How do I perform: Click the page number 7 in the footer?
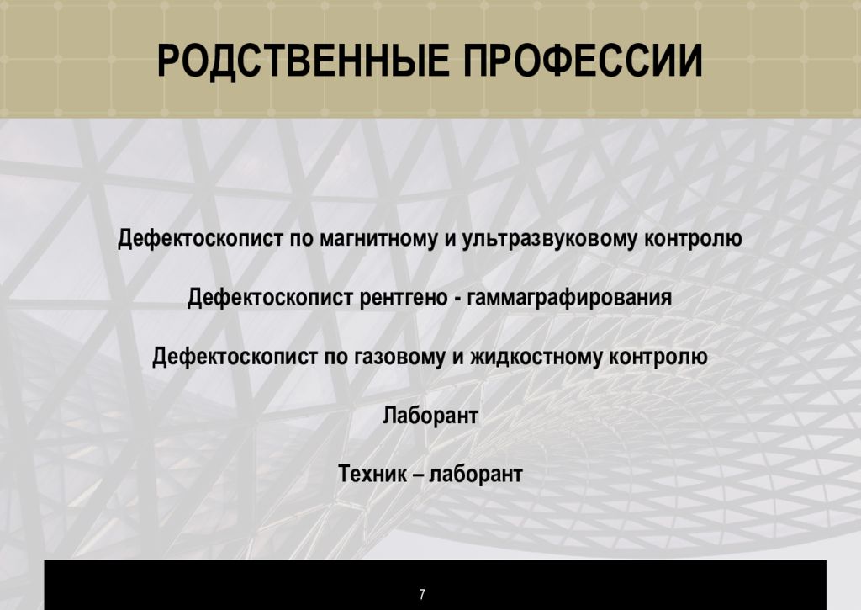tap(422, 594)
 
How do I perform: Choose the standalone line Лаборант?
tap(430, 415)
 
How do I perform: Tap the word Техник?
tap(371, 474)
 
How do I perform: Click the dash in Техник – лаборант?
tap(417, 475)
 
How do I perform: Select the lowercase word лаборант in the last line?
tap(476, 474)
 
